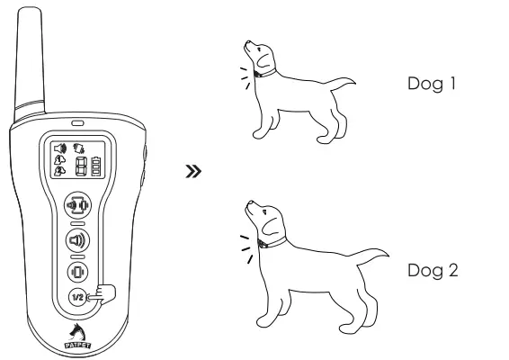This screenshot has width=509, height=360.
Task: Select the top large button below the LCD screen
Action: pos(79,205)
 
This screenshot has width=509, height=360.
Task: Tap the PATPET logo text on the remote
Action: pos(77,342)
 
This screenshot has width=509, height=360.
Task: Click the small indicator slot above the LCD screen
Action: pos(77,123)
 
